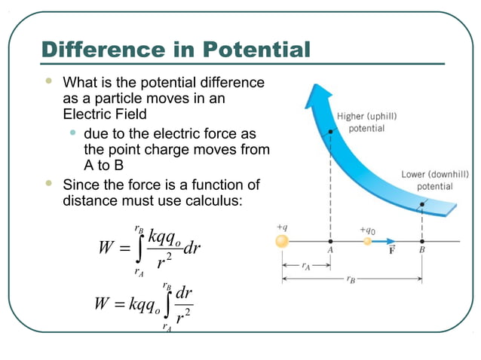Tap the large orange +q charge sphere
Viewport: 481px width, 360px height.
pyautogui.click(x=282, y=242)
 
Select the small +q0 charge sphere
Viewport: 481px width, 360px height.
pyautogui.click(x=368, y=242)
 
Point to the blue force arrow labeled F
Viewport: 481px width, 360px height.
pyautogui.click(x=386, y=242)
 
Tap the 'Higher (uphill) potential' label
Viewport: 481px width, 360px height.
pyautogui.click(x=366, y=123)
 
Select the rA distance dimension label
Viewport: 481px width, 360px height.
pyautogui.click(x=305, y=265)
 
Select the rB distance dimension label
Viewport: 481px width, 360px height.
pyautogui.click(x=351, y=279)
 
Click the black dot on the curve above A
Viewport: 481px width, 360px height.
pyautogui.click(x=330, y=132)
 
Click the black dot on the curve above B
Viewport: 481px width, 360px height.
pyautogui.click(x=422, y=203)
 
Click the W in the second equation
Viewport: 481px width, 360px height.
pyautogui.click(x=103, y=304)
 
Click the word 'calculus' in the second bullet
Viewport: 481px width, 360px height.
pyautogui.click(x=212, y=202)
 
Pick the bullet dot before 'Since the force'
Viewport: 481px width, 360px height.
pyautogui.click(x=49, y=183)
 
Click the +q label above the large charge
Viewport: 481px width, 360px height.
pyautogui.click(x=282, y=226)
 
